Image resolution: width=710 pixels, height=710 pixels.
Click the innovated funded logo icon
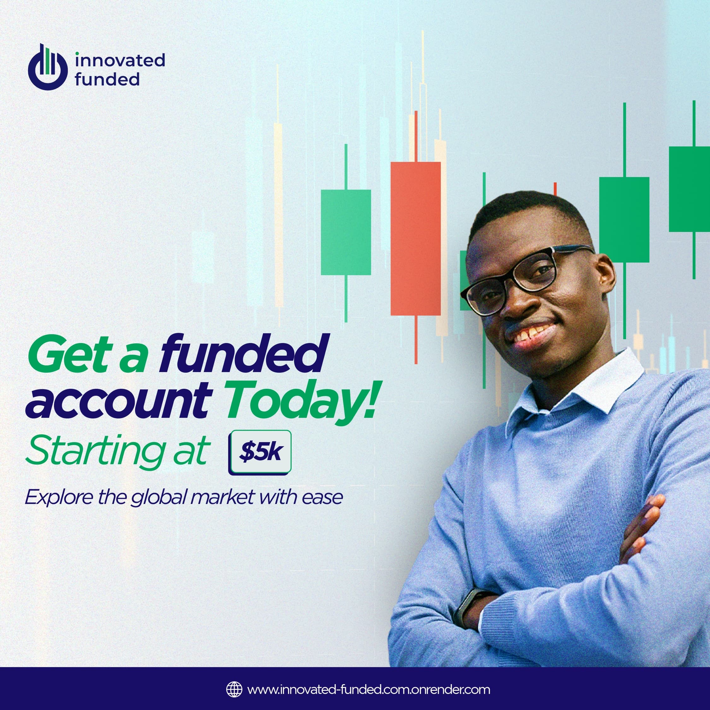click(48, 67)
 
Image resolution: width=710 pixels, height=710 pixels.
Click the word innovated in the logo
click(120, 60)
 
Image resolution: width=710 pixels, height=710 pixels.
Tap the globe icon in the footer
click(234, 689)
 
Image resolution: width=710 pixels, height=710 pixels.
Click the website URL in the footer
click(369, 689)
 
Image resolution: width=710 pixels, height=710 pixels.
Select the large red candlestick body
click(416, 239)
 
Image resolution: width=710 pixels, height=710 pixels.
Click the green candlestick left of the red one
click(346, 232)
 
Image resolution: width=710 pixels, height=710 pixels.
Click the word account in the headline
click(120, 402)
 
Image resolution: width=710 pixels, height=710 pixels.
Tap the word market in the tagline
click(222, 497)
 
